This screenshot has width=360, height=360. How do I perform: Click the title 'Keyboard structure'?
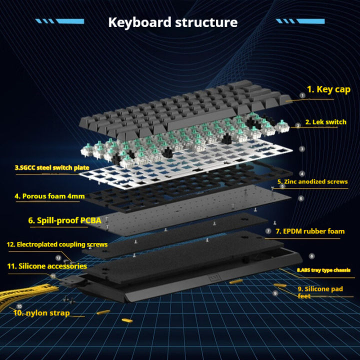(173, 22)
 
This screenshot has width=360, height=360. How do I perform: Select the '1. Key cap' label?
(328, 89)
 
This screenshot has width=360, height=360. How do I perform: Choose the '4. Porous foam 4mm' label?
(49, 196)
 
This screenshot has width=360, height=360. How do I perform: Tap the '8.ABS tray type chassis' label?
(323, 270)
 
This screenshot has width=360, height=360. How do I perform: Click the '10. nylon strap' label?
(42, 313)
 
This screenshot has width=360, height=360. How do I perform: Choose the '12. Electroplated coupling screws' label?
(56, 244)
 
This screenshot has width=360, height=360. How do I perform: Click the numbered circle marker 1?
(301, 94)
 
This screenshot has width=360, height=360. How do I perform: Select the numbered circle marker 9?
(275, 293)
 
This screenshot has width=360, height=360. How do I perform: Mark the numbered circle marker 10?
(19, 306)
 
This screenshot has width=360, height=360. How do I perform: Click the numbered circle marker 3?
(301, 148)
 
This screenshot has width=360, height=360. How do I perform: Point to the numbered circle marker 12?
(58, 258)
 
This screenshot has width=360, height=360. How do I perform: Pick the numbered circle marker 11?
(52, 275)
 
